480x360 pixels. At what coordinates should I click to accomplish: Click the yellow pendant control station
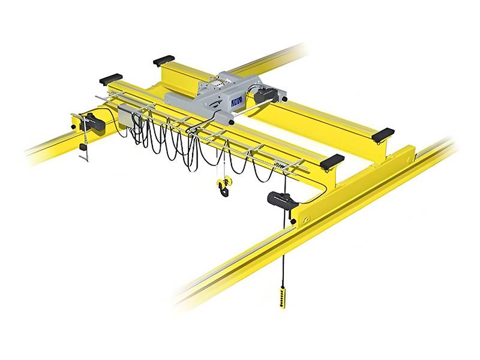click(282, 297)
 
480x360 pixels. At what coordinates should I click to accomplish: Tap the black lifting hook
click(224, 191)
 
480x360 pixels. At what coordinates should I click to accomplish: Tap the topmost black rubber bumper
click(164, 60)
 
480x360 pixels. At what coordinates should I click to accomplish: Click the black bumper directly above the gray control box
click(110, 79)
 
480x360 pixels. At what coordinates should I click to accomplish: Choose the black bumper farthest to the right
click(383, 135)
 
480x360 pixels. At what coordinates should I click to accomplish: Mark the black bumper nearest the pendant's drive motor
click(332, 161)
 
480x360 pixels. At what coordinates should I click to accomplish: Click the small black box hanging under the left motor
click(83, 146)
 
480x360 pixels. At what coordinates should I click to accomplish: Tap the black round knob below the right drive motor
click(292, 221)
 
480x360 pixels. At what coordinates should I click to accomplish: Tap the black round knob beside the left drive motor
click(73, 127)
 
